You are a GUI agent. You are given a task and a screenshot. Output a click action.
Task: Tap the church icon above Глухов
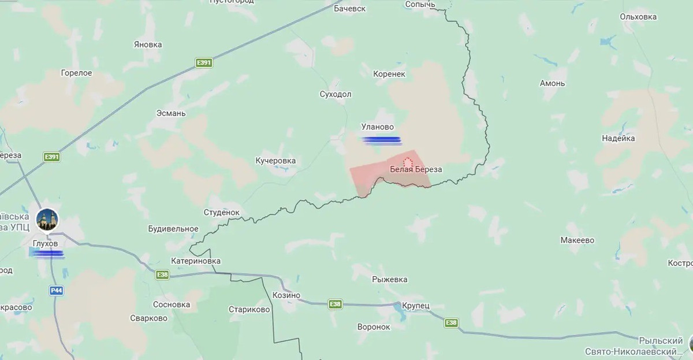tap(47, 219)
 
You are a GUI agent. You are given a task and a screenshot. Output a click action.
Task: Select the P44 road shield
tap(56, 291)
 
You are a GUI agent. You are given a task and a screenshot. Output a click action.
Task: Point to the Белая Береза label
tap(416, 169)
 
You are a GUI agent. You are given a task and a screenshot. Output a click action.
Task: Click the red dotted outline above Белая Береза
tap(408, 162)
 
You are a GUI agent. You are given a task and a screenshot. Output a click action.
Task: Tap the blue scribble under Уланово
tap(381, 139)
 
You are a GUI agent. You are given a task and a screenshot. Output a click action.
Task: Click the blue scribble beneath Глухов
tap(48, 253)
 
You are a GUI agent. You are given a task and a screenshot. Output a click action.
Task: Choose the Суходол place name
tap(336, 94)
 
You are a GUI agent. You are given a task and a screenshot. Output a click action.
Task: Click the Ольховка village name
tap(638, 17)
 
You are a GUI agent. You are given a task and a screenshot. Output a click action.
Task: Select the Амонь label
tap(552, 83)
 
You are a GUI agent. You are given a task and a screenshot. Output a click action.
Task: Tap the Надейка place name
tap(618, 138)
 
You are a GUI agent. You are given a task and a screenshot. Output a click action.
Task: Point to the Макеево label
tap(577, 240)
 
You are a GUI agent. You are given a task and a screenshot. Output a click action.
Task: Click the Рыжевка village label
tap(390, 279)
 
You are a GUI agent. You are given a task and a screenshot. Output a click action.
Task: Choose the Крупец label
tap(416, 305)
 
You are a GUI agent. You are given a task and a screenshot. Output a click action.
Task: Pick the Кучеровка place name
tap(275, 160)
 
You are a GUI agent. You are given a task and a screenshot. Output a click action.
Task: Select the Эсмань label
tap(171, 113)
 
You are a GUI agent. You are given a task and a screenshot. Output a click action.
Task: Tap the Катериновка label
tap(196, 261)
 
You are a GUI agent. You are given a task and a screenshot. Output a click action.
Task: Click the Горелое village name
tap(76, 73)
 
